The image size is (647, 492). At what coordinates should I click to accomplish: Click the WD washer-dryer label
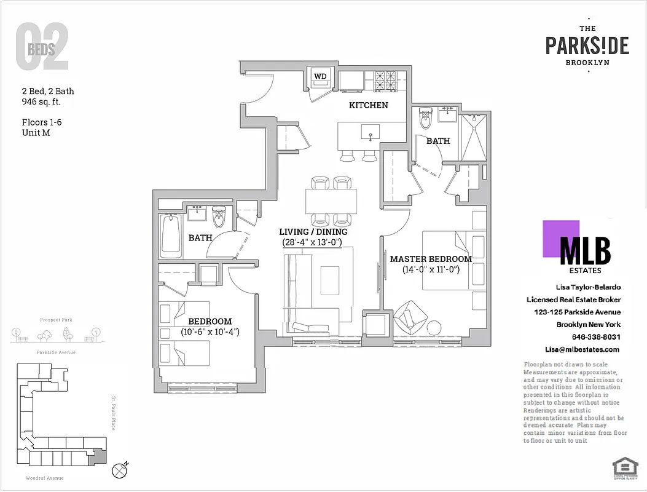(x=320, y=76)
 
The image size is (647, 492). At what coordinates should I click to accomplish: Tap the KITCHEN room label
(x=368, y=105)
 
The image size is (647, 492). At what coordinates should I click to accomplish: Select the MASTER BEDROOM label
(x=431, y=259)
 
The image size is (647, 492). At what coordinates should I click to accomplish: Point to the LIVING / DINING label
(x=313, y=232)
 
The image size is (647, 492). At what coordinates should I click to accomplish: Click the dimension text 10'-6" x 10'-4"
(x=210, y=332)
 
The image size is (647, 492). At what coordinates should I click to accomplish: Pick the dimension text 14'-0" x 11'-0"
(x=431, y=269)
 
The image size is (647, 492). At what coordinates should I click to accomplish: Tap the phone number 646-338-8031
(x=595, y=337)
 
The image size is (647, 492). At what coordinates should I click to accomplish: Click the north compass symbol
(x=120, y=470)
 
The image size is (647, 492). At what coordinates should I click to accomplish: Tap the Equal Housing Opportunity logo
(x=625, y=468)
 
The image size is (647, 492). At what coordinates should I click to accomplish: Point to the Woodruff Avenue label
(x=44, y=478)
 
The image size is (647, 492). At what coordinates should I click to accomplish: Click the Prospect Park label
(x=56, y=320)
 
